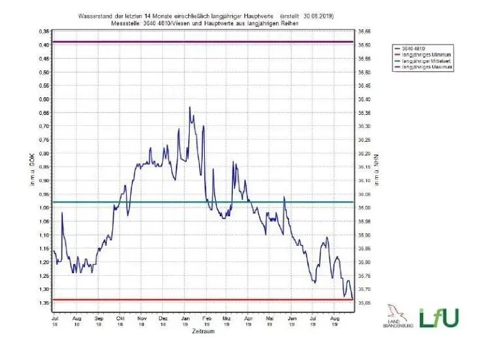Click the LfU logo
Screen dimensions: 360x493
click(439, 317)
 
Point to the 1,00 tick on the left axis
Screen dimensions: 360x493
click(44, 208)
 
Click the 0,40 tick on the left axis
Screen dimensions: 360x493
click(44, 44)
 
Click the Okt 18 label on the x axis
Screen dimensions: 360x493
click(121, 322)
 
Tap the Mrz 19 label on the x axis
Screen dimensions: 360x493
click(226, 322)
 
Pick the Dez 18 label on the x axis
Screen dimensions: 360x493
click(163, 322)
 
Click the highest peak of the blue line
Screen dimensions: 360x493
click(190, 107)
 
